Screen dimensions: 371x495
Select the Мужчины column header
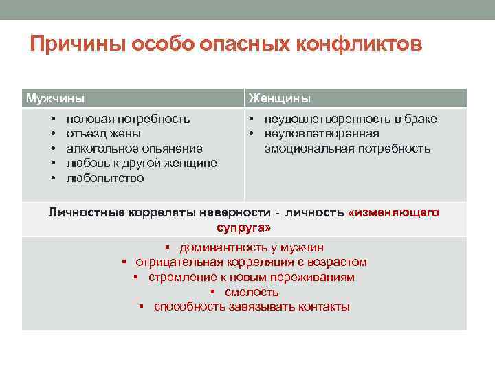coord(55,98)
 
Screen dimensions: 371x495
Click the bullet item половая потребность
coord(128,119)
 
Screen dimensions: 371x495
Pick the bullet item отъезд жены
coord(104,133)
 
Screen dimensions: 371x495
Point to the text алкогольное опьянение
coord(134,148)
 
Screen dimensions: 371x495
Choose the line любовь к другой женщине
coord(142,163)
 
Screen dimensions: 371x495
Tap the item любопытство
coord(105,178)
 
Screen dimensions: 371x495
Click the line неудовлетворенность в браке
coord(351,119)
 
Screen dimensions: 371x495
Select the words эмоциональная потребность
coord(348,148)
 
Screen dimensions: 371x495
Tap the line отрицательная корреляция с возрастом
coord(251,262)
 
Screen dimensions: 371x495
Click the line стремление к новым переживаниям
coord(252,277)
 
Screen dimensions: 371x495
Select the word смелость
coord(252,292)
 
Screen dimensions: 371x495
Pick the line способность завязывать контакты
coord(252,306)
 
